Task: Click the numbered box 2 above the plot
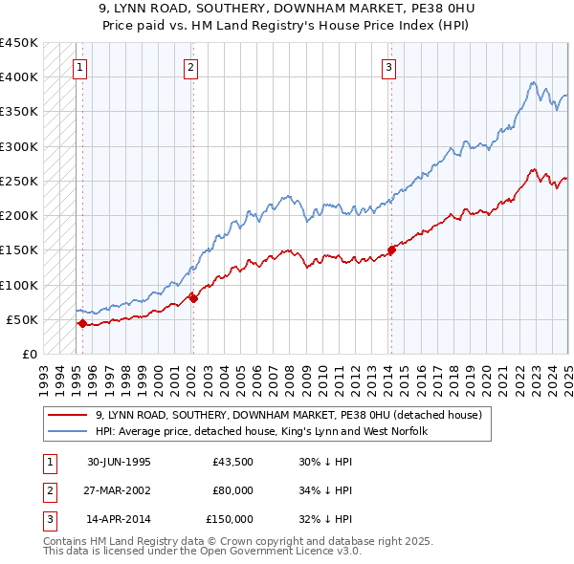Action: click(x=190, y=67)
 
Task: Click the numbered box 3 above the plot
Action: click(x=389, y=67)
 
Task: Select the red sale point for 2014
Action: click(x=391, y=250)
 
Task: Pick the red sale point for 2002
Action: click(x=193, y=298)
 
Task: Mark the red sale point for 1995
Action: click(x=82, y=323)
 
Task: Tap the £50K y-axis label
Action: click(x=23, y=319)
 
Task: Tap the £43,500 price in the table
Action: click(x=232, y=463)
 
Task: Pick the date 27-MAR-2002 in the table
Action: click(x=119, y=491)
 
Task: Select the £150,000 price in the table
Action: click(x=229, y=520)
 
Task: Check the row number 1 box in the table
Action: click(x=47, y=463)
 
